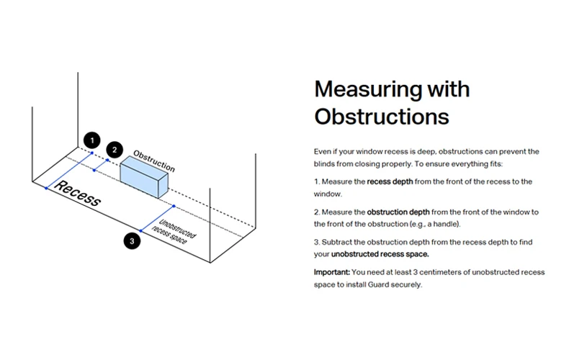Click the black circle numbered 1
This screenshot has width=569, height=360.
click(90, 140)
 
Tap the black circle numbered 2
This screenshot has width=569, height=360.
click(114, 150)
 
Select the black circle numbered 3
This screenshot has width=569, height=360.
click(131, 241)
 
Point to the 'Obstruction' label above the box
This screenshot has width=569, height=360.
click(154, 161)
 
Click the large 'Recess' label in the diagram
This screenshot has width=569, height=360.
click(78, 194)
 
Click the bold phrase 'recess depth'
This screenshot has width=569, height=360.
click(390, 182)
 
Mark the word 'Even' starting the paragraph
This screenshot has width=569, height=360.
click(322, 152)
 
